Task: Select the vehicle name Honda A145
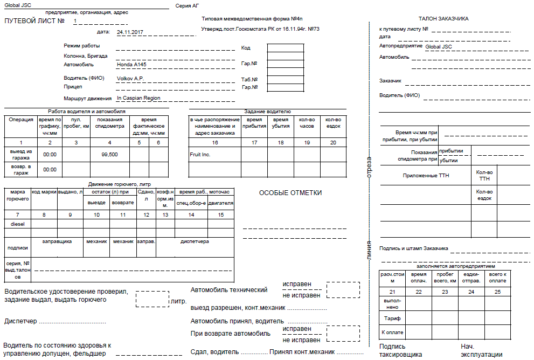pos(131,64)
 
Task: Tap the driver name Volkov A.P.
pos(130,79)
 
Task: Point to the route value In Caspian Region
pos(138,98)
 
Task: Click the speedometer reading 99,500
pos(109,154)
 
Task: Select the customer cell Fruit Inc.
pos(200,155)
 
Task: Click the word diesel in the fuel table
pos(18,224)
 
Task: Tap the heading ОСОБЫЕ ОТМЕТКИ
pos(290,193)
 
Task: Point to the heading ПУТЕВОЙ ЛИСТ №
pos(34,21)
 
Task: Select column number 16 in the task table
pos(214,142)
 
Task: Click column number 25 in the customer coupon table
pos(497,292)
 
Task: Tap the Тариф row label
pos(392,319)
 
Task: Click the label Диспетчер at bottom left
pos(21,321)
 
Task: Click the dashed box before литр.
pos(152,299)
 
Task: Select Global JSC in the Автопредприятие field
pos(439,47)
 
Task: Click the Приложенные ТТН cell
pos(426,176)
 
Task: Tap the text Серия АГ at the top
pos(187,6)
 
